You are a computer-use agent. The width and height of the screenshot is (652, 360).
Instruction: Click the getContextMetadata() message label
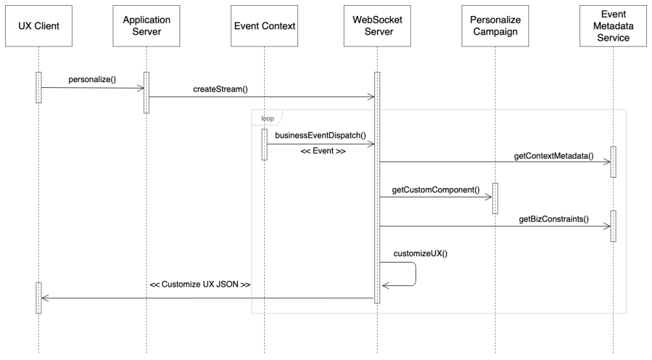coord(554,155)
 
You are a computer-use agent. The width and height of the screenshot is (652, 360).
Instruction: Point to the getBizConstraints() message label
coord(553,219)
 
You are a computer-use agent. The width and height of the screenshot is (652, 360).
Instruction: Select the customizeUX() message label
coord(421,252)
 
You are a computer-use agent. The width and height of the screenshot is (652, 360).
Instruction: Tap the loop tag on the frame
coord(267,118)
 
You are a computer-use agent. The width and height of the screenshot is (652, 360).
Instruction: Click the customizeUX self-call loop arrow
coord(415,274)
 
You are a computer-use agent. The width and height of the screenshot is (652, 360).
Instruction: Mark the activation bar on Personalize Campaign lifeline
coord(494,198)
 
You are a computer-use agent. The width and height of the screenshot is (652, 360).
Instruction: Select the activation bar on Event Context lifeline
coord(264,145)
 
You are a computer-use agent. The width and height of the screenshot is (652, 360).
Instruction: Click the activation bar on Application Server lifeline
coord(146,92)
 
